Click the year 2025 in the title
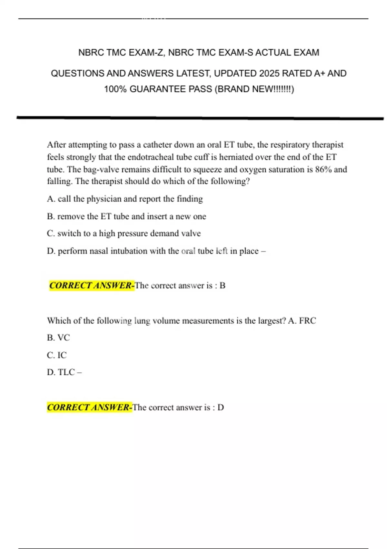click(x=269, y=74)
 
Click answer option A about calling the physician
click(x=125, y=199)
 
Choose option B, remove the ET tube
click(x=126, y=216)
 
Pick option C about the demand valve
click(x=124, y=233)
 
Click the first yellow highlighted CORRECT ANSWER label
click(x=92, y=285)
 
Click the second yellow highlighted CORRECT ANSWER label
click(x=89, y=407)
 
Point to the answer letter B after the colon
click(x=222, y=285)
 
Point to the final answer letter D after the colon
click(x=221, y=407)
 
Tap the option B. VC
click(x=58, y=338)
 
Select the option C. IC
click(x=57, y=355)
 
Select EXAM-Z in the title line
click(x=147, y=53)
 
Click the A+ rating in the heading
click(x=320, y=74)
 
